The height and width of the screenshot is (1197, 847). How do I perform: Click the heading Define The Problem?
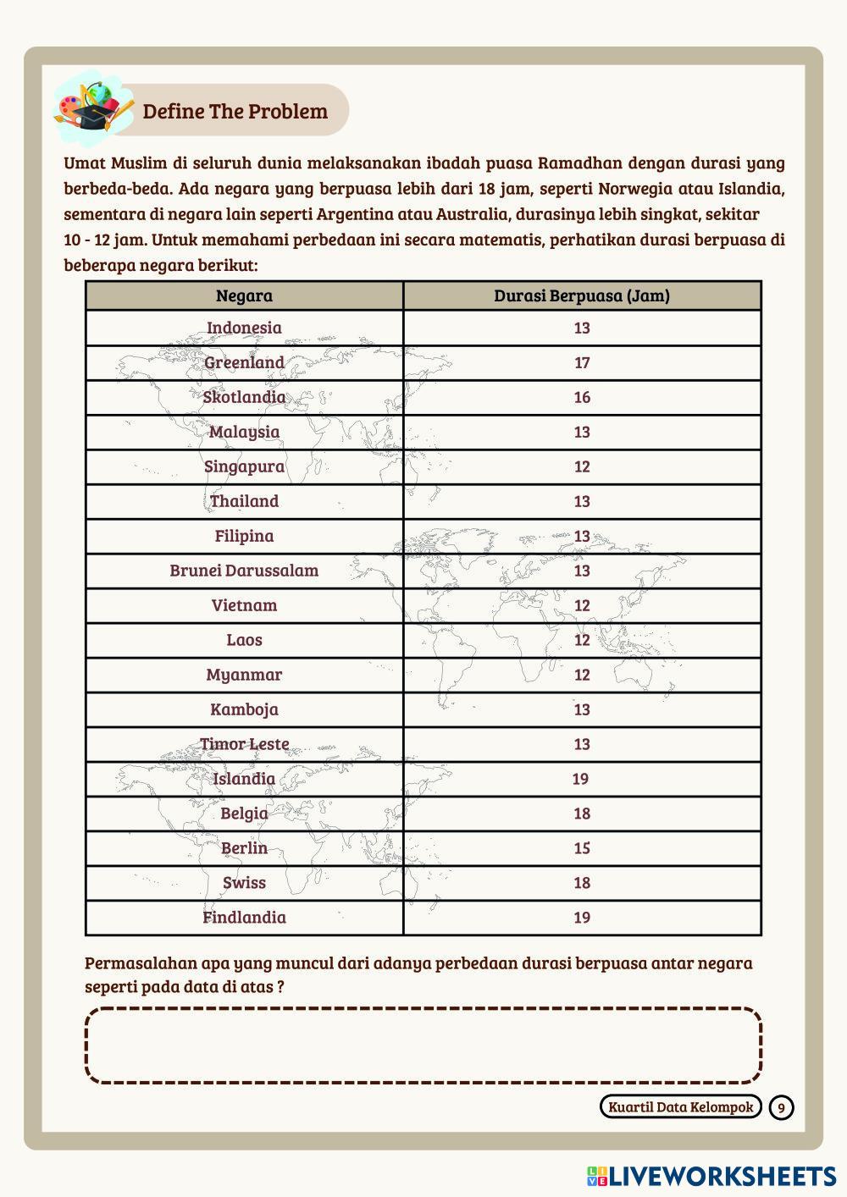(x=235, y=112)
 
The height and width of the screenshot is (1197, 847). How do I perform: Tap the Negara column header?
(x=244, y=295)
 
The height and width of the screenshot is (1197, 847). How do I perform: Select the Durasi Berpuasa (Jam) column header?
(x=582, y=295)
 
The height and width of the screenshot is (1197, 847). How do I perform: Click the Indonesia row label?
(x=244, y=328)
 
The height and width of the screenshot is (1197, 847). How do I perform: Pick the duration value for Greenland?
(x=582, y=363)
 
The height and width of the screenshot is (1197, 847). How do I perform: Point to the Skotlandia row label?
(x=244, y=397)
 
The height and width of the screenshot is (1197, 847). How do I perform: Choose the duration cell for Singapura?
(x=582, y=466)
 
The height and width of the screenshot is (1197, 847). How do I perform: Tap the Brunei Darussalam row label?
(x=244, y=571)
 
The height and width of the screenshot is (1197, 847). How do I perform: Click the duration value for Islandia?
(x=580, y=779)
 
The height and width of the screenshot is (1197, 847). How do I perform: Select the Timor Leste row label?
(x=244, y=744)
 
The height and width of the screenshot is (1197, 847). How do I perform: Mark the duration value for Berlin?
(x=582, y=848)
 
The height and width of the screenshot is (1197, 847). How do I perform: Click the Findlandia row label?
(x=244, y=918)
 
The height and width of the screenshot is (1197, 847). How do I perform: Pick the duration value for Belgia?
(x=582, y=814)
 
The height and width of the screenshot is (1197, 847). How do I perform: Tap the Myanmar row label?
(x=244, y=675)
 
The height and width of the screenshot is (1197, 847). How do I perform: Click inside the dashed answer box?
(x=423, y=1045)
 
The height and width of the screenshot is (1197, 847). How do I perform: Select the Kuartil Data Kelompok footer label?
(x=680, y=1107)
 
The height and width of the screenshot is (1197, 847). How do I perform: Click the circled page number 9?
(x=782, y=1107)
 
